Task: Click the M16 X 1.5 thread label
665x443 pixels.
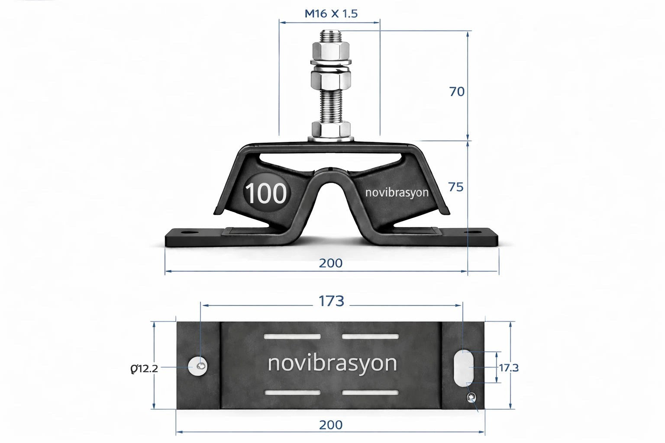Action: [x=331, y=13]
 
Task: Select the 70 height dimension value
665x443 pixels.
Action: [x=457, y=92]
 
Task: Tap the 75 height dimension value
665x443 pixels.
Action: [x=456, y=187]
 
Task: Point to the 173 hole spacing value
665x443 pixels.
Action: [x=331, y=301]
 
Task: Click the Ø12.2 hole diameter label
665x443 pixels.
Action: [x=144, y=369]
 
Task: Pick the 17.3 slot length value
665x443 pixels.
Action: [x=509, y=368]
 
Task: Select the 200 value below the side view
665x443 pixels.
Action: [x=331, y=263]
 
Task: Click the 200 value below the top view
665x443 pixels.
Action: [x=331, y=425]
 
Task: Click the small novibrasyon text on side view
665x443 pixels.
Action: [x=397, y=192]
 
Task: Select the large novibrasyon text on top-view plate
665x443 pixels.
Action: [x=332, y=363]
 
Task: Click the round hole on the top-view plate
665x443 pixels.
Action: [x=198, y=367]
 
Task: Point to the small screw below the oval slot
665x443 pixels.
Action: [x=471, y=397]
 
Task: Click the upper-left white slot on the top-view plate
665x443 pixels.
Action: [x=292, y=337]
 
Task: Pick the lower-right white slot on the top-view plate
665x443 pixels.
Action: [x=370, y=393]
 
